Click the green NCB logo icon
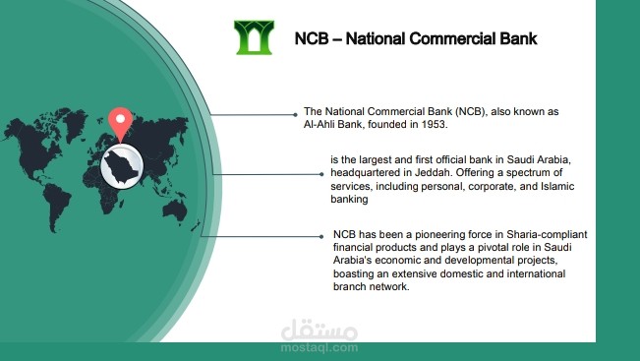pyautogui.click(x=254, y=37)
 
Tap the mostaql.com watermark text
pyautogui.click(x=319, y=347)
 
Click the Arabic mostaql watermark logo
pyautogui.click(x=319, y=329)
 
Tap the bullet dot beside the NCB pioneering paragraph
pyautogui.click(x=321, y=236)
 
